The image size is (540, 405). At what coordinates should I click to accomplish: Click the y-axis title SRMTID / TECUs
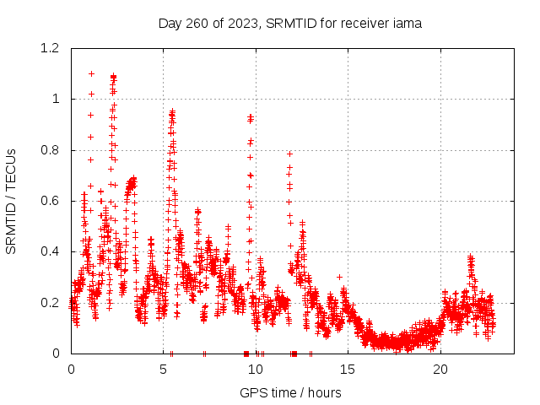point(12,201)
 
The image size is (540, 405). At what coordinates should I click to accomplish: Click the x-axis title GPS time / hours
point(290,392)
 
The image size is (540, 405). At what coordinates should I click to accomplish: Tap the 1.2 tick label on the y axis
point(51,48)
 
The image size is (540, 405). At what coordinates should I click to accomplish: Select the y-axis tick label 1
point(57,99)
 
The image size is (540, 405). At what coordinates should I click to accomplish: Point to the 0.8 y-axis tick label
point(51,150)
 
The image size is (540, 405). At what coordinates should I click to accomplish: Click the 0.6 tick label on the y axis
point(51,201)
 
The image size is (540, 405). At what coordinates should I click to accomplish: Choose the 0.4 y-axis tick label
point(51,251)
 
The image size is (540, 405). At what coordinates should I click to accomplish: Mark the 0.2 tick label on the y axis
point(51,302)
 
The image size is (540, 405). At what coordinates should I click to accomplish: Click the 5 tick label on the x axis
point(164,370)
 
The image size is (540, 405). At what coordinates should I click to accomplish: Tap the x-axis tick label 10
point(256,370)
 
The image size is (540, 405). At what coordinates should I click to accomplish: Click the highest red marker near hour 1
point(91,73)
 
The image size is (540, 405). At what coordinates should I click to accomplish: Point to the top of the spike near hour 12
point(289,154)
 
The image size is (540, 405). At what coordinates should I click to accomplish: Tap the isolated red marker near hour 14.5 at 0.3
point(339,277)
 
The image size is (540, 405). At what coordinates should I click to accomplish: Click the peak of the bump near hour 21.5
point(470,256)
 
